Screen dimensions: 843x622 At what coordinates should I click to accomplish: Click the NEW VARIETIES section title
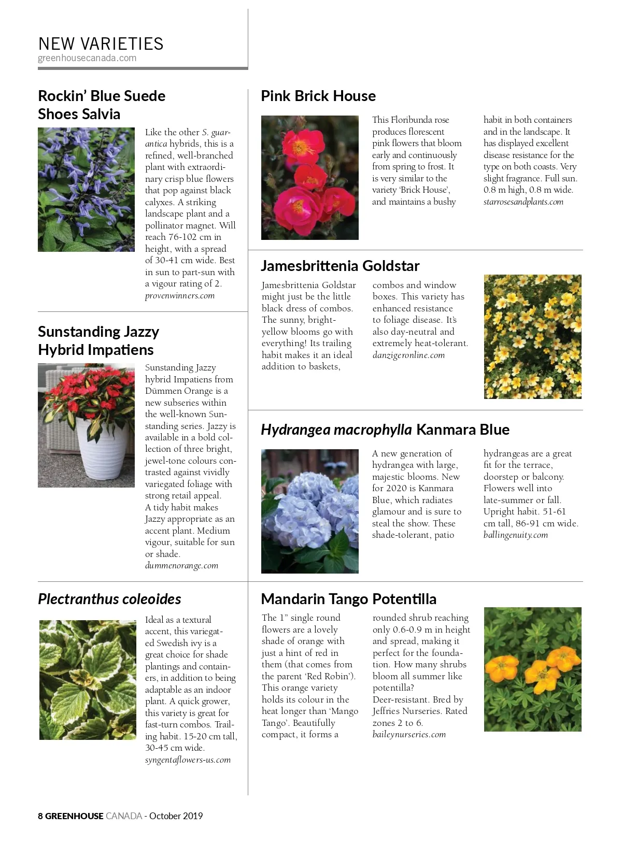tap(101, 44)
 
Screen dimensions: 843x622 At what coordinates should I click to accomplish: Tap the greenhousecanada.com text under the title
tap(87, 58)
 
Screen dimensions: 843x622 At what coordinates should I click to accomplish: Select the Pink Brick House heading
tap(318, 96)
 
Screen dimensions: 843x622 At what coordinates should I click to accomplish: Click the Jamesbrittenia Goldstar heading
tap(340, 266)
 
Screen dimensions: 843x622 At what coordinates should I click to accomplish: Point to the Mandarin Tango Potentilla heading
tap(348, 599)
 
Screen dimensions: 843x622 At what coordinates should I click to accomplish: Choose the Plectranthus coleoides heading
tap(109, 599)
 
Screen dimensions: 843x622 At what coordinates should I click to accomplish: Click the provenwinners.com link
tap(180, 296)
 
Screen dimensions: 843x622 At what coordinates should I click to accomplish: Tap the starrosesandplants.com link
tap(523, 202)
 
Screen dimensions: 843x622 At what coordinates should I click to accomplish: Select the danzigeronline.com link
tap(408, 355)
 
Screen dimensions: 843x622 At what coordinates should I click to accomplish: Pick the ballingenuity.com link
tap(515, 535)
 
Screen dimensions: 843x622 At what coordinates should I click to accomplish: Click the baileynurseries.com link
tap(409, 735)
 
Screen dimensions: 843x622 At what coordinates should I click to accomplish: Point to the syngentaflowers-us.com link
tap(188, 760)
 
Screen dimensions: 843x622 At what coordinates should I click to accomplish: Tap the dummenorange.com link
tap(181, 566)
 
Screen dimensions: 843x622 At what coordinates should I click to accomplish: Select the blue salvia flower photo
tap(86, 190)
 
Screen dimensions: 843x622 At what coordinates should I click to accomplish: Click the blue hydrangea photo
tap(309, 511)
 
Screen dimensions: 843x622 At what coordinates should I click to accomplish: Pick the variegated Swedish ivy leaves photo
tap(88, 680)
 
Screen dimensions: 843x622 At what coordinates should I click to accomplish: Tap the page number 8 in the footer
tap(40, 816)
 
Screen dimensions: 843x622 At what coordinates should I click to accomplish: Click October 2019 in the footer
tap(176, 816)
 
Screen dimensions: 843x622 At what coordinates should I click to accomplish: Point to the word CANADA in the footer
tap(124, 816)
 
